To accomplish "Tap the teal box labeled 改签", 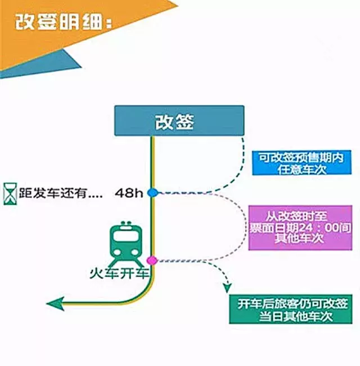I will coord(179,120).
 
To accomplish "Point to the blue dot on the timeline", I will coord(152,193).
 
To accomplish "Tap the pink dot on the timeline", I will coord(151,260).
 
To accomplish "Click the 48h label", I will coord(129,193).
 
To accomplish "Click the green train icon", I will coord(125,243).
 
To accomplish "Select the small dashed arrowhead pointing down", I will coord(227,287).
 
